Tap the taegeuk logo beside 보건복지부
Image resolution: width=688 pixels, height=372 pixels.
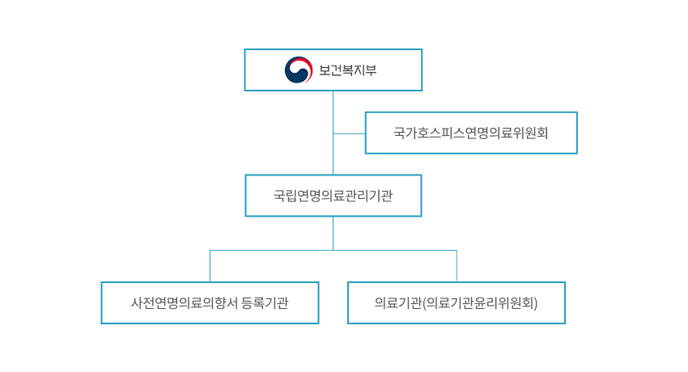[299, 70]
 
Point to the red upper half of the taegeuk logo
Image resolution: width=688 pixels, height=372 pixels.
[299, 64]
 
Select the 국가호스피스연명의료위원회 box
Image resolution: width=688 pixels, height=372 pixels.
[470, 133]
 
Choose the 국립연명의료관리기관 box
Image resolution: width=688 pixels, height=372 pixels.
[333, 196]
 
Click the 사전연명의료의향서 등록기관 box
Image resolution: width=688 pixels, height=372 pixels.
[210, 302]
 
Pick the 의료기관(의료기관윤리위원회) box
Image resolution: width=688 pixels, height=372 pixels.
[456, 302]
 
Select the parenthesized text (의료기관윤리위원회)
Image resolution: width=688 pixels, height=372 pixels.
[481, 303]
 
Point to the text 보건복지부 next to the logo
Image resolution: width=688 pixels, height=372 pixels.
[347, 70]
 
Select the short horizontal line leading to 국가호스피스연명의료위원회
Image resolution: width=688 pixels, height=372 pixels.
[349, 133]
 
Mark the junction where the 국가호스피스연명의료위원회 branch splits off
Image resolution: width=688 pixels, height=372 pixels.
[333, 133]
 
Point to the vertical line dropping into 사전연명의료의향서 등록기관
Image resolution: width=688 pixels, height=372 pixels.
[210, 266]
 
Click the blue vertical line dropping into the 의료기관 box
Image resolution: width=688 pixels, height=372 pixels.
[457, 266]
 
